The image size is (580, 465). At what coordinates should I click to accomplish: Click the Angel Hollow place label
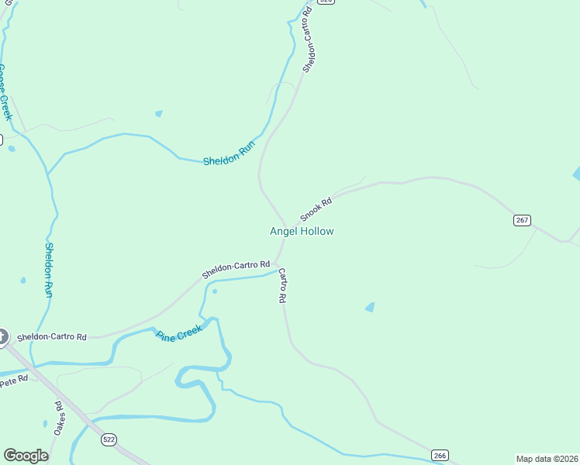(x=302, y=231)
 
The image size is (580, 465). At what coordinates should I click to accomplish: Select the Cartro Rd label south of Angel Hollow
(x=283, y=285)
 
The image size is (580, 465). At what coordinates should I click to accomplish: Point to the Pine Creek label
(x=179, y=333)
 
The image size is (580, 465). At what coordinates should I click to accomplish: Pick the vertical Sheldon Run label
(x=48, y=270)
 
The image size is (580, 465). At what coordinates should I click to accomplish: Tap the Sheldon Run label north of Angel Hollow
(x=229, y=154)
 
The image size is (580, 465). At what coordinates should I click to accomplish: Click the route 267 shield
(x=522, y=220)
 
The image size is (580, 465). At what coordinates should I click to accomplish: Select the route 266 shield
(x=440, y=455)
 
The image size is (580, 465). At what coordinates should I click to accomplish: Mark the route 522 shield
(x=109, y=439)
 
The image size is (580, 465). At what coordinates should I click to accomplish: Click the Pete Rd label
(x=13, y=381)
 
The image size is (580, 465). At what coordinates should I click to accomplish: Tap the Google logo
(x=26, y=455)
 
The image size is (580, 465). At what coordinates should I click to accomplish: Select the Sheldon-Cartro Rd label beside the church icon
(x=52, y=337)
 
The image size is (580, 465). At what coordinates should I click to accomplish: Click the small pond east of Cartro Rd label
(x=370, y=307)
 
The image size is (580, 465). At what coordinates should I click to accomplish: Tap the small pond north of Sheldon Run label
(x=159, y=113)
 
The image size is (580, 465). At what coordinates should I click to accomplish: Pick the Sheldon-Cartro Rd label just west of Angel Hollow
(x=236, y=269)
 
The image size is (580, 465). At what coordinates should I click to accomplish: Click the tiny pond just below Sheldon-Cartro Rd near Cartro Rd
(x=214, y=291)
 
